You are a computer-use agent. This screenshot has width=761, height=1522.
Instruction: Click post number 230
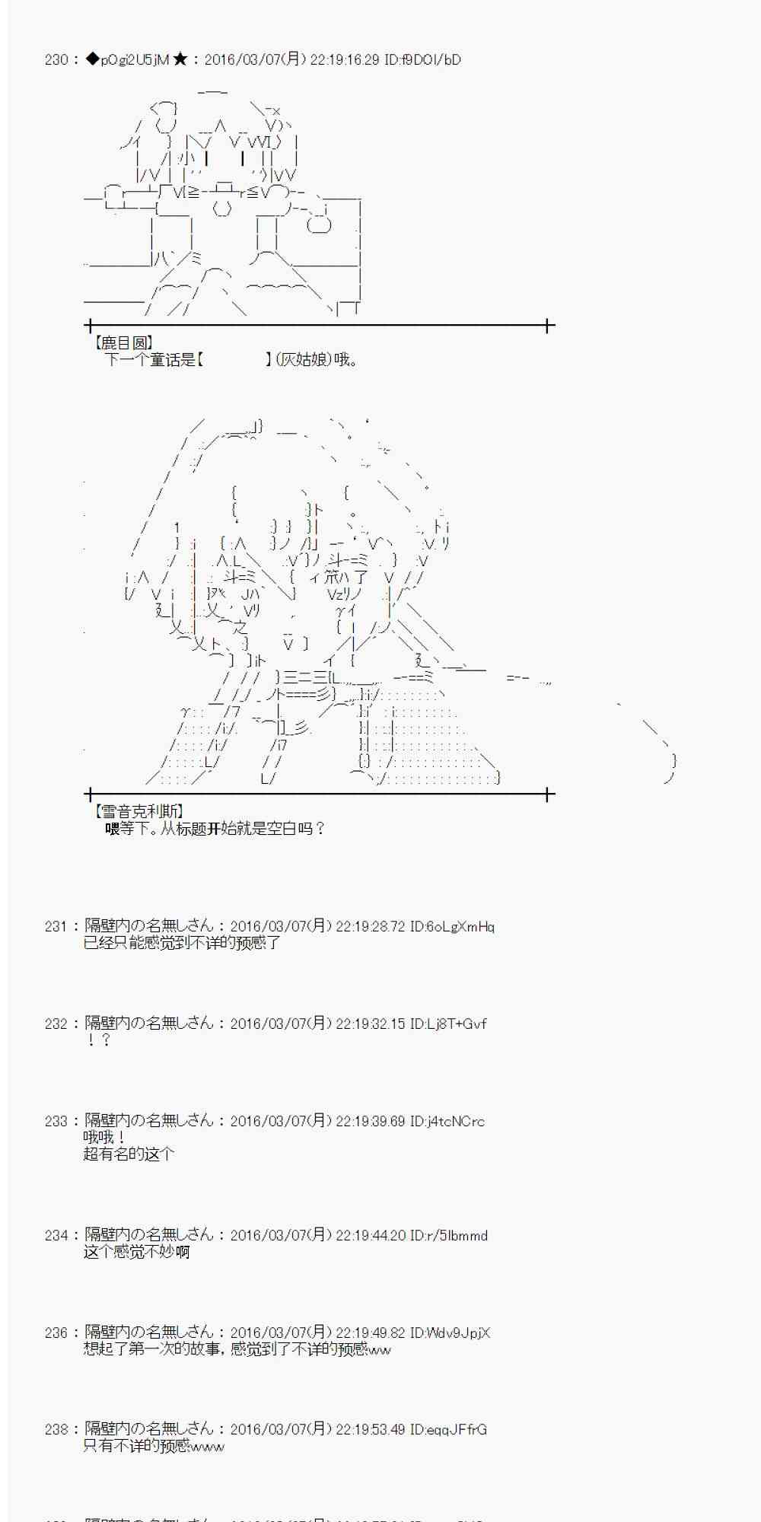56,59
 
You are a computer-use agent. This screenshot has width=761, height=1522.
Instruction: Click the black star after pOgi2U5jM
180,59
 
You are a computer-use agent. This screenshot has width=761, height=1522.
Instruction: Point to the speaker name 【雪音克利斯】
137,812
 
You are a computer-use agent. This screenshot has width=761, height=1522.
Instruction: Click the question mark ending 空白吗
320,829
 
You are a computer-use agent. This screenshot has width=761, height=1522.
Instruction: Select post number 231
56,926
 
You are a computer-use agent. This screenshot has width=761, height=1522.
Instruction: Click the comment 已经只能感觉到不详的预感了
182,943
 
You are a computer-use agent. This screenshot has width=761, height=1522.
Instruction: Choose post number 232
56,1024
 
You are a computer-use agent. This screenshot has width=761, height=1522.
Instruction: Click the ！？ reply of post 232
98,1040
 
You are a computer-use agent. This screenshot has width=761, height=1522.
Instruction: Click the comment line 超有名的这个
129,1154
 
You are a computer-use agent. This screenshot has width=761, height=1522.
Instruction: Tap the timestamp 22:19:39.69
371,1121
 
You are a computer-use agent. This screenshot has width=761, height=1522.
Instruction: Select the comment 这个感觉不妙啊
136,1252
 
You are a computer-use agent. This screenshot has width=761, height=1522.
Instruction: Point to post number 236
56,1333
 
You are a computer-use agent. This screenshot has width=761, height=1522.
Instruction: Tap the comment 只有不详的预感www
154,1446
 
